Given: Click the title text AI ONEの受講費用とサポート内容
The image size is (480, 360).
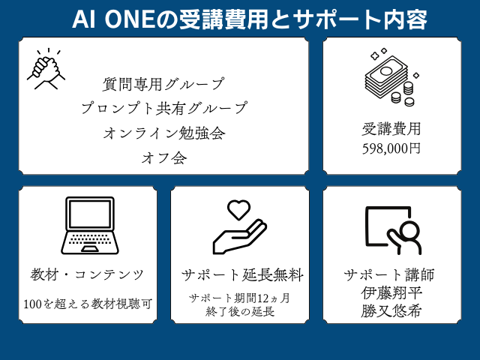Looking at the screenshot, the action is tap(250, 19).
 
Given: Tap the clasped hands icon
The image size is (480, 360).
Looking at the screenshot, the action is tap(46, 69).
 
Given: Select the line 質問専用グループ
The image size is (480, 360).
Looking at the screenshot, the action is tap(163, 84).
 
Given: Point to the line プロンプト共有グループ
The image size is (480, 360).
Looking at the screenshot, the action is tap(163, 108).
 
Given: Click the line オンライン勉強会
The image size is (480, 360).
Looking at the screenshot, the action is tap(164, 133).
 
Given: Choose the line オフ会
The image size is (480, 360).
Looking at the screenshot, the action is tap(164, 158).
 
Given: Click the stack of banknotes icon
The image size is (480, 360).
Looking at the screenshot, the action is tap(391, 77).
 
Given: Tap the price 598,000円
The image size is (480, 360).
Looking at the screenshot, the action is tap(391, 148).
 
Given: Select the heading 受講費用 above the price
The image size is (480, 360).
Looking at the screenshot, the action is tap(391, 129).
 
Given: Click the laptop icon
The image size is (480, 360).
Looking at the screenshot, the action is tap(90, 226).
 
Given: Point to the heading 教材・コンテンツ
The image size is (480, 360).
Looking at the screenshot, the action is tap(87, 274).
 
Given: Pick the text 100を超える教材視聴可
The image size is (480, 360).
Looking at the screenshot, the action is tap(88, 304).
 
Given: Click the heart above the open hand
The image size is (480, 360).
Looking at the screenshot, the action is tap(238, 210).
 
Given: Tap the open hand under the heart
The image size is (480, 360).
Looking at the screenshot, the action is tap(240, 237).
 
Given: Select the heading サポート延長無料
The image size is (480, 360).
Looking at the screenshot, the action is tap(242, 275).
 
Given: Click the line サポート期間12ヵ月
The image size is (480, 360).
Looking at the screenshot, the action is tap(239, 298).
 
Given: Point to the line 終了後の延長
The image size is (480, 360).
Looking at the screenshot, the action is tap(240, 312).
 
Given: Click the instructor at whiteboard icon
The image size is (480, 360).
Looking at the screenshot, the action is tap(394, 230).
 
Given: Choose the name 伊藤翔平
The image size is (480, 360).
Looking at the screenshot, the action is tap(391, 293).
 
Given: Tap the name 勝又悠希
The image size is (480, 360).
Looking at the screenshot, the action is tap(391, 311).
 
